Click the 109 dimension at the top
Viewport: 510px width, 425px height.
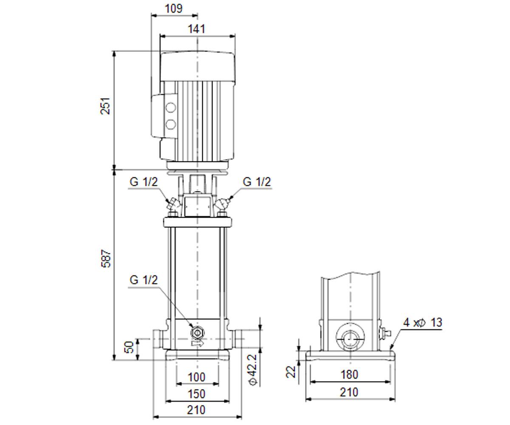point(174,8)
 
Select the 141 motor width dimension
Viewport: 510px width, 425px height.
point(196,29)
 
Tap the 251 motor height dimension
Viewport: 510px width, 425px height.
point(105,106)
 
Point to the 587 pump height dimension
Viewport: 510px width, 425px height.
point(106,258)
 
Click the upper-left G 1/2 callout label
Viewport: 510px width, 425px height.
point(144,182)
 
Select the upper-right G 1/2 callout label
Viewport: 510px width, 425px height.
point(257,182)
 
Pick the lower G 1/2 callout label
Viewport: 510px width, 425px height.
point(144,280)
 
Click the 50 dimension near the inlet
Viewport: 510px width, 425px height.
point(129,347)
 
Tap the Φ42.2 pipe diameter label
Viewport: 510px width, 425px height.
point(253,370)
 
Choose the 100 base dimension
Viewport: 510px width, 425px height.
point(197,377)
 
